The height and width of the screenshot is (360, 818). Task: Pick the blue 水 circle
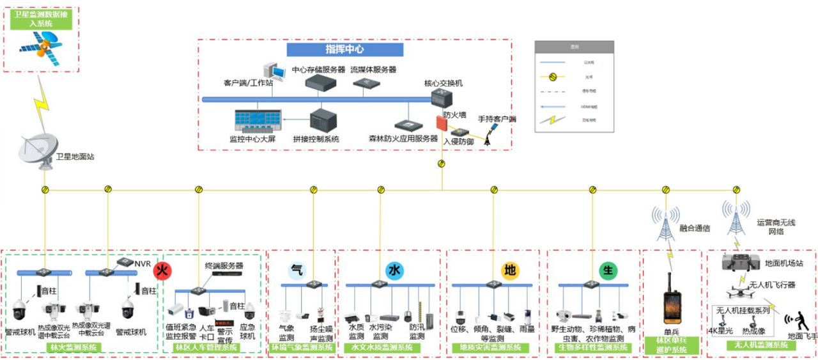coord(394,270)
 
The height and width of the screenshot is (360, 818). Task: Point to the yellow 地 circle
coord(510,270)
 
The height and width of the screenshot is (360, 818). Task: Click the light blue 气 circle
coord(297,270)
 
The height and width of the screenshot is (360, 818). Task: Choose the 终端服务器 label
coord(224,265)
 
